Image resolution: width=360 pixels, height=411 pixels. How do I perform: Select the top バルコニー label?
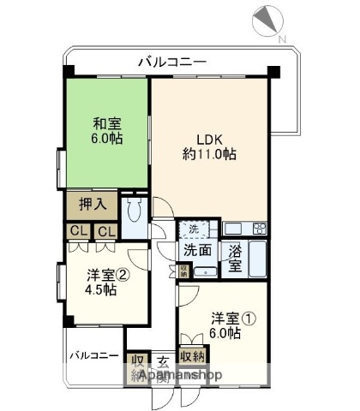[x=171, y=61]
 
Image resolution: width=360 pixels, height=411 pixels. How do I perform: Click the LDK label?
[x=210, y=139]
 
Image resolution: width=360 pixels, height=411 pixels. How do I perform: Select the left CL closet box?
[x=78, y=231]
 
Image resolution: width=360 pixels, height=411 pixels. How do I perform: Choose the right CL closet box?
[x=106, y=231]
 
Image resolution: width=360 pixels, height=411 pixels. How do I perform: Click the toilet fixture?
[x=135, y=214]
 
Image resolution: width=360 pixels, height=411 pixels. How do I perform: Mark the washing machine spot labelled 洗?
[x=193, y=229]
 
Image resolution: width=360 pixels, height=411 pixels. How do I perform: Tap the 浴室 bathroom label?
[x=235, y=259]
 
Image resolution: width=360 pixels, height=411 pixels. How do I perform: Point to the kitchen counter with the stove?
[x=246, y=229]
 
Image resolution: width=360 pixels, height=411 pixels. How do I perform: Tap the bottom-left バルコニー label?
[x=94, y=355]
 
